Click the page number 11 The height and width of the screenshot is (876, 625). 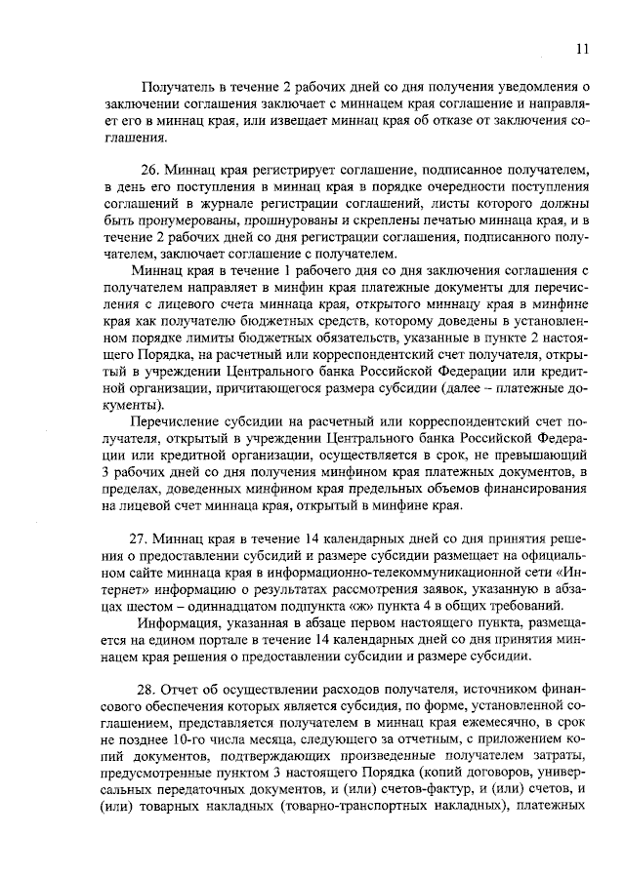582,49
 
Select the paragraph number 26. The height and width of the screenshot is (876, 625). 147,170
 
